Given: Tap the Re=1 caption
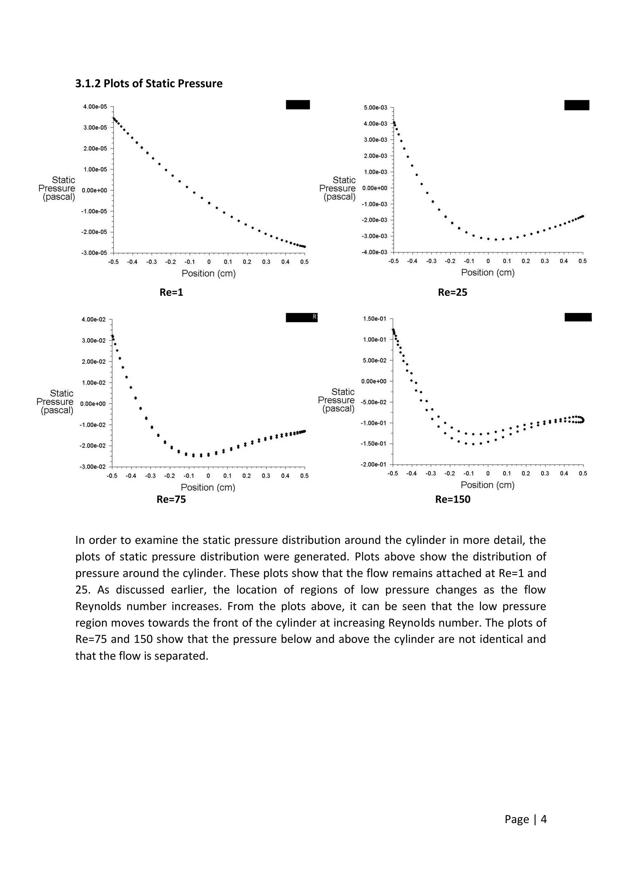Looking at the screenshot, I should (171, 293).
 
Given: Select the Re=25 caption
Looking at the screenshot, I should (452, 293).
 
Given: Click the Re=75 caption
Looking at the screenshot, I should (171, 499).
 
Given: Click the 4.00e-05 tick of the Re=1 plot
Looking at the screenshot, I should (95, 107).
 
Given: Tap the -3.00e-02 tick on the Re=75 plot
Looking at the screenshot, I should (92, 467).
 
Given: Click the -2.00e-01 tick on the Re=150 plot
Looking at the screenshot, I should (374, 464).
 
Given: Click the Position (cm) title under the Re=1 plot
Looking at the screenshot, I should (208, 273).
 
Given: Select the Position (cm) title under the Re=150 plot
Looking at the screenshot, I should (487, 485).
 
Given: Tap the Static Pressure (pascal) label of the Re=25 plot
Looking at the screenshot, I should (338, 188).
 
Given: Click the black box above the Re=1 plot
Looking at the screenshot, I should (298, 104).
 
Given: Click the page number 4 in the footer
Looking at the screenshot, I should (543, 819).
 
